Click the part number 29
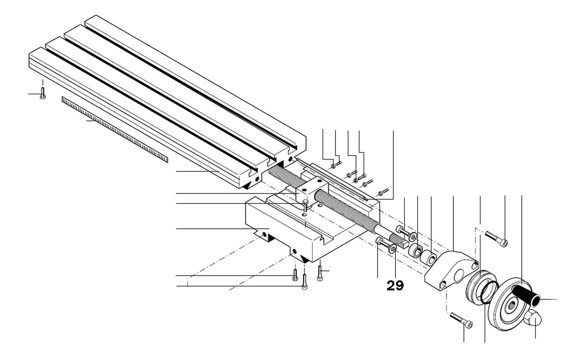[395, 286]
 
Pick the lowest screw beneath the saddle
[304, 283]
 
